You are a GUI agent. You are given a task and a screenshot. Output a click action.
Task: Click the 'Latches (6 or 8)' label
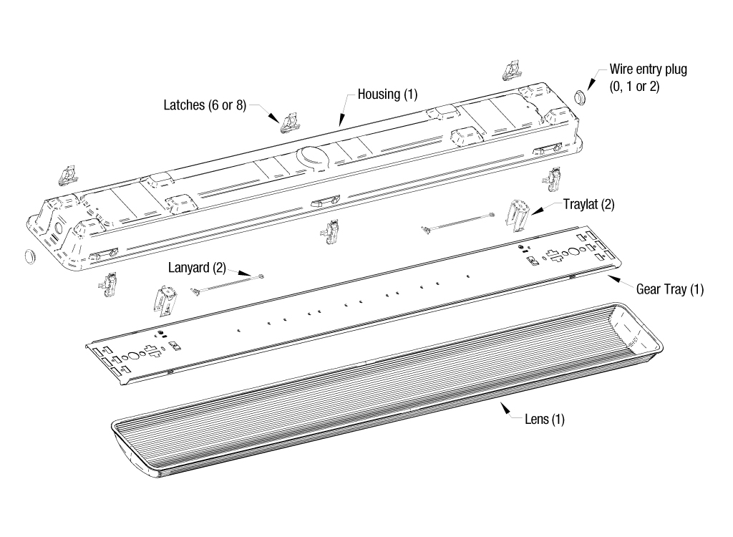(x=204, y=105)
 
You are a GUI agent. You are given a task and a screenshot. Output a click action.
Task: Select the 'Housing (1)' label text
(x=387, y=95)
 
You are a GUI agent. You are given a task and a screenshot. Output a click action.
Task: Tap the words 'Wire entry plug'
(x=648, y=69)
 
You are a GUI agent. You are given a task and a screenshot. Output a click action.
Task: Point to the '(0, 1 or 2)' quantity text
(x=634, y=86)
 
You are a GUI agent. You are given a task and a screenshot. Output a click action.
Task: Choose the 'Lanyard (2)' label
(x=197, y=268)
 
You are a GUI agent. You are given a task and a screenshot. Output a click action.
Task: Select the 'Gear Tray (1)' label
(x=670, y=289)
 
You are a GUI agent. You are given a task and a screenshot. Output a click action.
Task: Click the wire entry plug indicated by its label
(x=581, y=95)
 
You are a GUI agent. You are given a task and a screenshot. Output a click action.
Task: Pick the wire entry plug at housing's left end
(x=29, y=256)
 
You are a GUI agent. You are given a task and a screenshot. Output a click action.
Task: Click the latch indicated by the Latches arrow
(x=289, y=122)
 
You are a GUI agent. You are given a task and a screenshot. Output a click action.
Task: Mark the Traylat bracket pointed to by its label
(x=519, y=214)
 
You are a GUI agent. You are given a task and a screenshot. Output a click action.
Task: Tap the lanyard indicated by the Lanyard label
(x=228, y=283)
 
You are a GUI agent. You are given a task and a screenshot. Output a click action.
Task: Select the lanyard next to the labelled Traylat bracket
(x=458, y=222)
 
